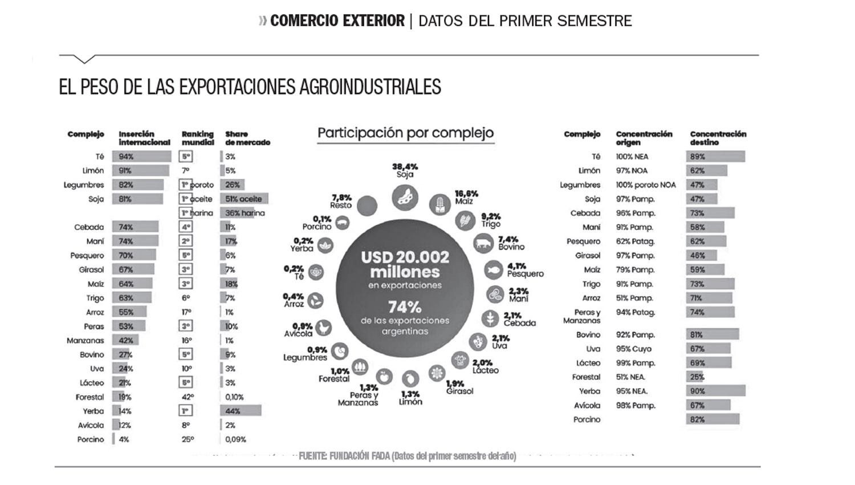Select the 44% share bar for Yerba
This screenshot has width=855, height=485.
pos(241,411)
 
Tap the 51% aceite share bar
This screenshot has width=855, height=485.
pos(244,199)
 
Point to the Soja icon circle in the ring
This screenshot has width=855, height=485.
pos(405,198)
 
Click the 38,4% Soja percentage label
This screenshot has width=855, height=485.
pos(405,167)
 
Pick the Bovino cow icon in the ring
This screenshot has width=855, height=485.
pos(483,244)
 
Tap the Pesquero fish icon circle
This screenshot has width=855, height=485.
pos(494,269)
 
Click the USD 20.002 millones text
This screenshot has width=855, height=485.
pos(405,264)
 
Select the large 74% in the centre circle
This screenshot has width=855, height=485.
pos(405,307)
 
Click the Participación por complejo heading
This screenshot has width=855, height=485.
pos(405,133)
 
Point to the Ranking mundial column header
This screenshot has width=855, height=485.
pos(198,138)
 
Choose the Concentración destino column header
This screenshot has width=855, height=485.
pos(718,138)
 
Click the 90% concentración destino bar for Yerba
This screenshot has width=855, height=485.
pos(715,391)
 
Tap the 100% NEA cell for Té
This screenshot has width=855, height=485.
pos(632,156)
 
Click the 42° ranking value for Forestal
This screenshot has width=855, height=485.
pos(187,397)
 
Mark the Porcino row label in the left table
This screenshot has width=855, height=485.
pos(91,439)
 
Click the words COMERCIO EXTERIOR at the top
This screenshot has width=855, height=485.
pos(337,21)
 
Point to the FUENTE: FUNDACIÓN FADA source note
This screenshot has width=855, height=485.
pos(407,456)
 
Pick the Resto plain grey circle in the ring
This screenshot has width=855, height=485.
pos(367,205)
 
